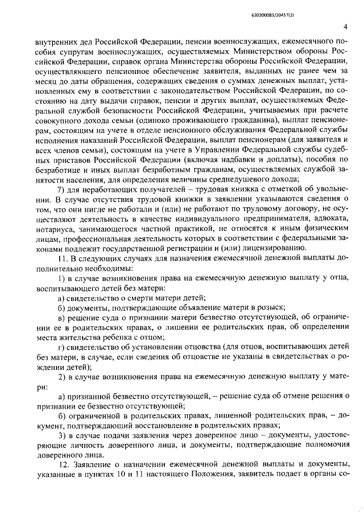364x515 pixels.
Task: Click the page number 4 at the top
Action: pos(346,26)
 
